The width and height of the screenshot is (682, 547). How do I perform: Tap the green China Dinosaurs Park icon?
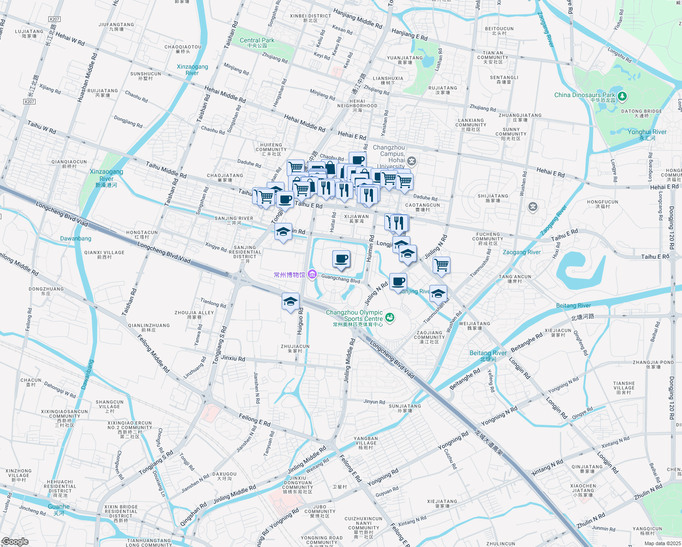pyautogui.click(x=623, y=96)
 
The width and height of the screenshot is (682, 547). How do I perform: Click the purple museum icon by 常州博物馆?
pyautogui.click(x=312, y=274)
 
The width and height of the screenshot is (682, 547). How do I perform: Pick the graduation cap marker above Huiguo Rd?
pyautogui.click(x=290, y=302)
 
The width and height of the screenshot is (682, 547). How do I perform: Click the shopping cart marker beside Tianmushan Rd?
pyautogui.click(x=441, y=265)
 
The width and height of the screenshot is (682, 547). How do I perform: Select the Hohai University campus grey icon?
pyautogui.click(x=412, y=161)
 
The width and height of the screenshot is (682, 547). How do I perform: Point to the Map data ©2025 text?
pyautogui.click(x=662, y=543)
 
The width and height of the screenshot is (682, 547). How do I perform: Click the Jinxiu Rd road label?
pyautogui.click(x=233, y=358)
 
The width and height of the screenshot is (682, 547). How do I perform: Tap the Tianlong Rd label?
pyautogui.click(x=213, y=303)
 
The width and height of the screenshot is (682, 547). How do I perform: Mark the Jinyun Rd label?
pyautogui.click(x=374, y=402)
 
